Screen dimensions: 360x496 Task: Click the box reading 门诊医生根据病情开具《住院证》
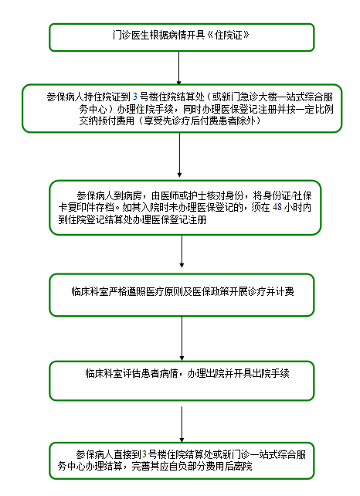click(182, 37)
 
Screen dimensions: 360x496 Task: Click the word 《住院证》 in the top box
click(229, 35)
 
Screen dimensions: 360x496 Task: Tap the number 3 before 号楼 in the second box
click(135, 97)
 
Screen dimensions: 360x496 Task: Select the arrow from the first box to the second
click(178, 68)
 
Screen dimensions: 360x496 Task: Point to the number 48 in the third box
click(277, 207)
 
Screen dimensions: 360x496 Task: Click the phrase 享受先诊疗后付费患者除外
click(199, 121)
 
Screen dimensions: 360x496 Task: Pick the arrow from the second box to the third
click(179, 155)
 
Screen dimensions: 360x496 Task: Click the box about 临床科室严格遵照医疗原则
click(182, 295)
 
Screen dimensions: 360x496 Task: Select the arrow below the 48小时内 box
click(182, 252)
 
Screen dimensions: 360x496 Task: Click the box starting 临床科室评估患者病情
click(182, 381)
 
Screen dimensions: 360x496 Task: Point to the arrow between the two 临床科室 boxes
click(182, 338)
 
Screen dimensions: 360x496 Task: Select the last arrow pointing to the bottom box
click(182, 424)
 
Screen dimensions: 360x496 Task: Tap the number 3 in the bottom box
click(144, 454)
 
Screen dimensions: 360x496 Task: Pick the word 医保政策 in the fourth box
click(211, 291)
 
